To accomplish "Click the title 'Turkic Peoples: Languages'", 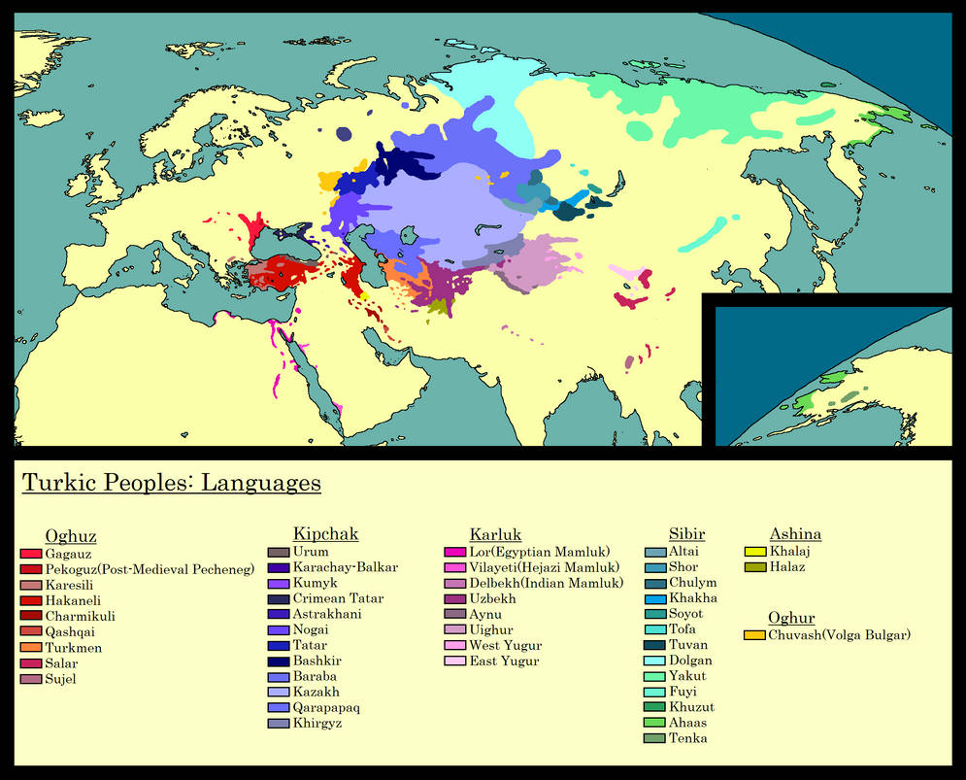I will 171,483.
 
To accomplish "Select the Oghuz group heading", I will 71,536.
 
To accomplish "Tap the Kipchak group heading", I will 325,534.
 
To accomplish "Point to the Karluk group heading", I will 495,534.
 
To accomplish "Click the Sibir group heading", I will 686,534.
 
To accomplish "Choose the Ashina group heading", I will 795,534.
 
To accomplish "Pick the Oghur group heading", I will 791,618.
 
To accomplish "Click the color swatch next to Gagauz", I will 31,554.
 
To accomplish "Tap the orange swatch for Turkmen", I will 31,648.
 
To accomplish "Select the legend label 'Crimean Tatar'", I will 338,598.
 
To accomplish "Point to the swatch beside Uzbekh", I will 455,599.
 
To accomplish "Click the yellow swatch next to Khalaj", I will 755,552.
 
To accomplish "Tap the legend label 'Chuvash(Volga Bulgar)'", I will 840,635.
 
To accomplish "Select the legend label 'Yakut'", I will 687,676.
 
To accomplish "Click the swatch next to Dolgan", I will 655,661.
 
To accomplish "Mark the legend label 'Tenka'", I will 687,738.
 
